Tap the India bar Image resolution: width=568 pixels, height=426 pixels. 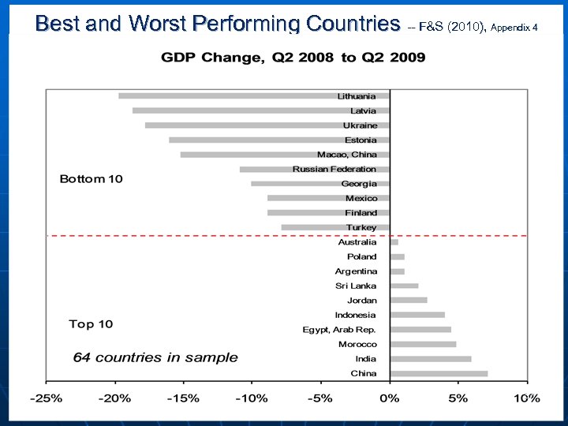tap(431, 359)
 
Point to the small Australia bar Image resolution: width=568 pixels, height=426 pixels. tap(394, 242)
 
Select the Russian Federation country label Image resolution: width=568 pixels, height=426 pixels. tap(334, 169)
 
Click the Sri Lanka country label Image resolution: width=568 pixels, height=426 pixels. tap(356, 286)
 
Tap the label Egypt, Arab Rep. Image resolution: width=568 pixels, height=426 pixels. tap(339, 330)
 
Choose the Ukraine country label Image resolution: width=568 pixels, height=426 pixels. tap(360, 125)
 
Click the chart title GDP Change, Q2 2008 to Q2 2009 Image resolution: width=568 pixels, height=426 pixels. tap(293, 57)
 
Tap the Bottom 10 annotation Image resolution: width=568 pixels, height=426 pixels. tap(92, 179)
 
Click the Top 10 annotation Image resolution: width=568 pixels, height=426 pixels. tap(91, 324)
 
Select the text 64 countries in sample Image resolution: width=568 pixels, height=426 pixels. tap(155, 357)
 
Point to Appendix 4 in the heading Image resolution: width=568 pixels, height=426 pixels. tap(514, 28)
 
